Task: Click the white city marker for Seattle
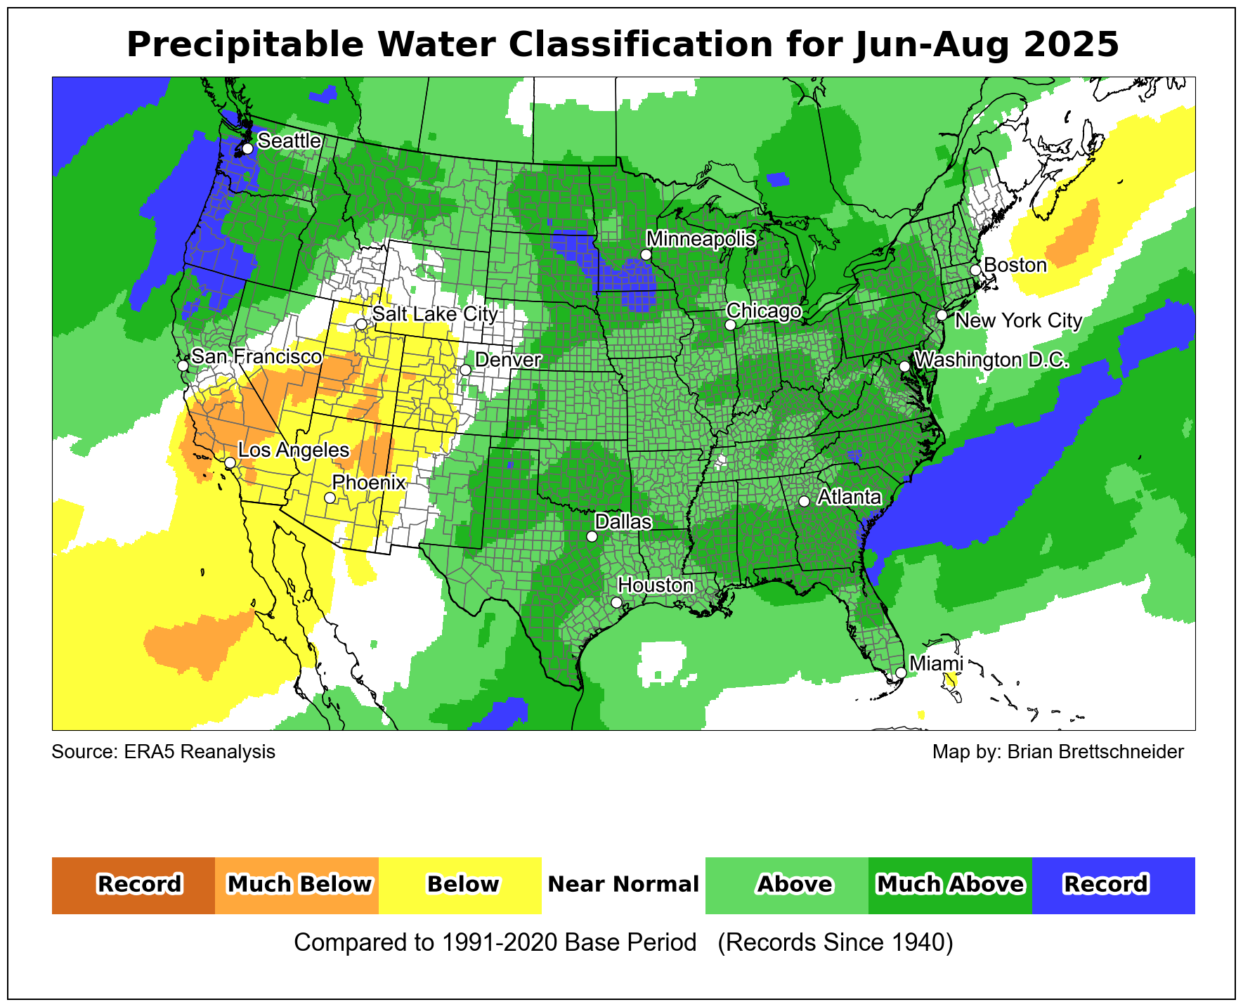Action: click(x=247, y=148)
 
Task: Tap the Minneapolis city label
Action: click(x=701, y=239)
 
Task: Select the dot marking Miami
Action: click(x=901, y=673)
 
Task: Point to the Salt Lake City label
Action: click(x=435, y=314)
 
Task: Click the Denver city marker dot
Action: click(x=465, y=370)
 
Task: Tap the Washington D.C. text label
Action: click(x=991, y=360)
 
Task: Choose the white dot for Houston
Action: click(x=616, y=602)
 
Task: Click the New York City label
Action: click(x=1019, y=321)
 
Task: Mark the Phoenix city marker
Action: click(x=330, y=498)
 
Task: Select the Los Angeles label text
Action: click(x=294, y=450)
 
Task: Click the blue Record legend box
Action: click(x=1113, y=885)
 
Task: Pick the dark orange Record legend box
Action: click(x=134, y=885)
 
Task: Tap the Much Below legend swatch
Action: click(x=297, y=885)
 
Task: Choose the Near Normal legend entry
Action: click(x=623, y=885)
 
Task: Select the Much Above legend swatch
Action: click(x=950, y=885)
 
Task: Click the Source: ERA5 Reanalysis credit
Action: click(x=164, y=752)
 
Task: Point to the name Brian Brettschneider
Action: click(x=1095, y=752)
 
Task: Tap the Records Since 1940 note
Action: click(x=835, y=942)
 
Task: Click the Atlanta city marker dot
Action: click(x=804, y=501)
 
